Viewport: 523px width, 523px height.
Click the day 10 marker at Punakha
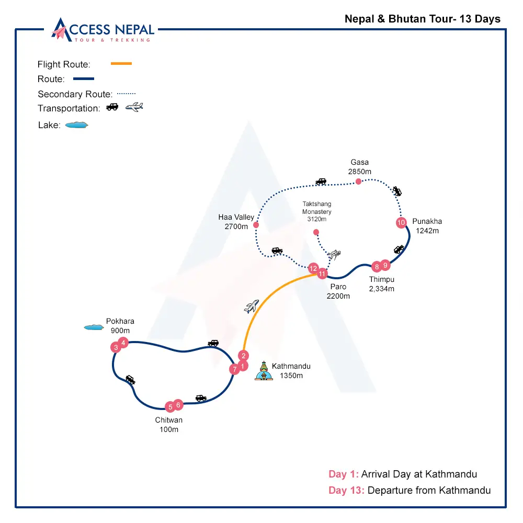pos(401,223)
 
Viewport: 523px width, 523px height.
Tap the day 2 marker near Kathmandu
pos(243,356)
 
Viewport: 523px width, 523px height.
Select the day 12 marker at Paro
pos(313,269)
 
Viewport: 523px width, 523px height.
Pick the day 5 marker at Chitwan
pos(169,407)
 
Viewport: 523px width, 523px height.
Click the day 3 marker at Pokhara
pos(116,347)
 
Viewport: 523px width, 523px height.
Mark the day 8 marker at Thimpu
pos(376,267)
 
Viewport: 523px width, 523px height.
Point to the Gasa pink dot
pos(358,181)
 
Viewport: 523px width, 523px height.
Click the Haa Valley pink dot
pos(256,225)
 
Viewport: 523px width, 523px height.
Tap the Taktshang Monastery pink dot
pos(316,232)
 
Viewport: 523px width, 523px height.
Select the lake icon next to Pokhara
pos(94,327)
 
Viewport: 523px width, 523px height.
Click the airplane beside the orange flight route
pos(252,306)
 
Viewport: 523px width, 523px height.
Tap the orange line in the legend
pos(121,64)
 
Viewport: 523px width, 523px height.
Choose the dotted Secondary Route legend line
pos(126,94)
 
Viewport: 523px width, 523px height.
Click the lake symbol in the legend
pos(76,125)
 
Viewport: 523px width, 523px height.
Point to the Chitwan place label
pos(169,420)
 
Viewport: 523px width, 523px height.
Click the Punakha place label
pos(427,221)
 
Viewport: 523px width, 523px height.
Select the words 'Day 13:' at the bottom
pos(346,491)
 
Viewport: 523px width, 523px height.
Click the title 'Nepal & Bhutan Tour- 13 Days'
pos(423,19)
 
